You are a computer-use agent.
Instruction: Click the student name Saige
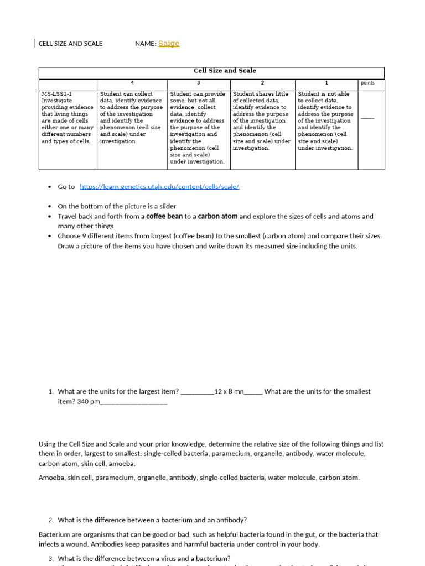coord(169,44)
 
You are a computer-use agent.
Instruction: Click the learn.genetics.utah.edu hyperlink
coord(159,187)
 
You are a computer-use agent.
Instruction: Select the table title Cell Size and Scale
coord(225,71)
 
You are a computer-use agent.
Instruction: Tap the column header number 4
coord(132,83)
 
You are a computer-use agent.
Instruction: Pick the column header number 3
coord(198,83)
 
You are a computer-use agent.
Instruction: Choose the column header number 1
coord(326,83)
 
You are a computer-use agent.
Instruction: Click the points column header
coord(367,83)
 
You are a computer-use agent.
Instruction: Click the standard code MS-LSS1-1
coord(57,94)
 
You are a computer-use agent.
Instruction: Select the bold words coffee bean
coord(164,217)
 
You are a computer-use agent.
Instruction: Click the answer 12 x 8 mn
coord(229,391)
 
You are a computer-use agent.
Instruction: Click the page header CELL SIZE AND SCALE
coord(70,44)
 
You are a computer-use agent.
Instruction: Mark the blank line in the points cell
coord(367,118)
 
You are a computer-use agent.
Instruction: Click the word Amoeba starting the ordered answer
coord(51,478)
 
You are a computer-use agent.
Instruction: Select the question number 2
coord(50,520)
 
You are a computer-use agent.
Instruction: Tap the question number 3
coord(50,559)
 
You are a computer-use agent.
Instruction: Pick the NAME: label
coord(146,44)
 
